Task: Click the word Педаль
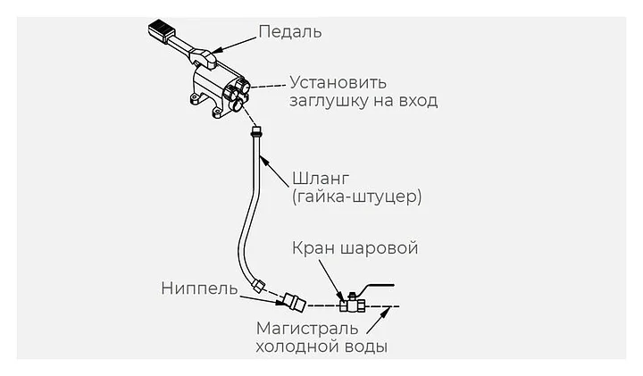(x=290, y=32)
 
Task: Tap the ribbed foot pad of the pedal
(x=161, y=30)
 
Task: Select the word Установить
(x=338, y=83)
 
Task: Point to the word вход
(x=417, y=101)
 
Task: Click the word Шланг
(x=321, y=180)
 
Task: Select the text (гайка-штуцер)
(x=356, y=197)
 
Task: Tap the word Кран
(x=313, y=248)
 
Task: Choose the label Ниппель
(x=199, y=288)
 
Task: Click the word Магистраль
(x=307, y=329)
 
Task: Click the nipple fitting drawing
(x=295, y=302)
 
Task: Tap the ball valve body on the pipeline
(x=352, y=305)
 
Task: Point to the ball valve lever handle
(x=375, y=287)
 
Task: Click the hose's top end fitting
(x=256, y=131)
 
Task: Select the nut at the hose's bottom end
(x=259, y=285)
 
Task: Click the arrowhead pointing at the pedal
(x=218, y=50)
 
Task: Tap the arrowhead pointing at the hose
(x=263, y=161)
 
